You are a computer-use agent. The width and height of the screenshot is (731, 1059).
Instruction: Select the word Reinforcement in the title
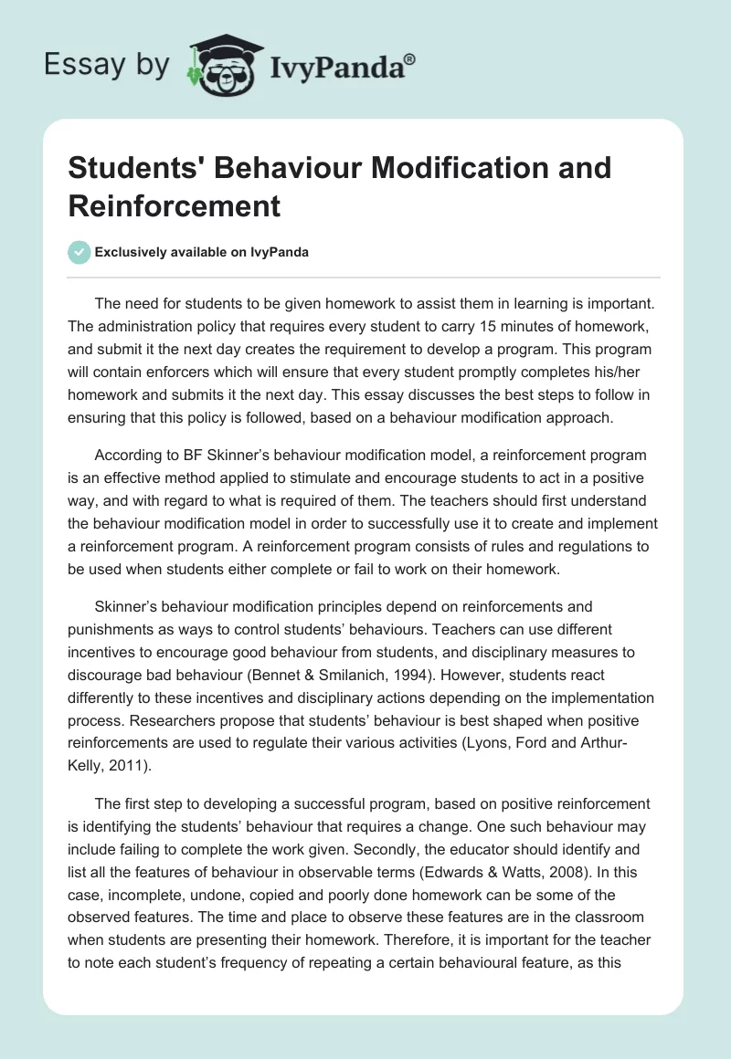(174, 205)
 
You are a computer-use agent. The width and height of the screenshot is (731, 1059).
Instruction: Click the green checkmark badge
(80, 252)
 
